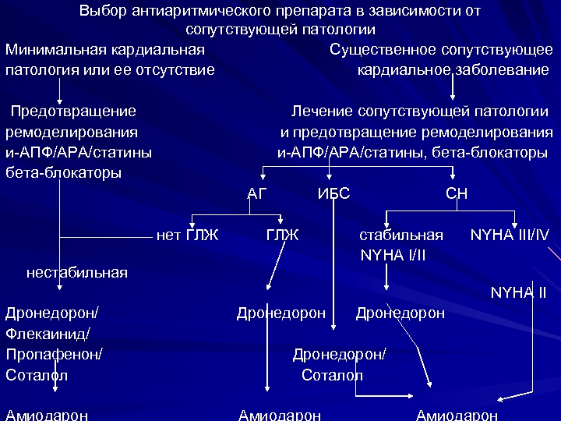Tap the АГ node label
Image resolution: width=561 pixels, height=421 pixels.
pyautogui.click(x=256, y=193)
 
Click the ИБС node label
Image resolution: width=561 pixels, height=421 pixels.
pyautogui.click(x=333, y=193)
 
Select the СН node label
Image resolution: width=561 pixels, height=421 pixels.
pyautogui.click(x=456, y=193)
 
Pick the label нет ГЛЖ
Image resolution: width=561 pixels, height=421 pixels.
pyautogui.click(x=188, y=235)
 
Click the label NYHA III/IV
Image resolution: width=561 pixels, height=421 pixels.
pyautogui.click(x=510, y=235)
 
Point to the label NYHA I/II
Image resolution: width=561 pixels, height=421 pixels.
pyautogui.click(x=393, y=255)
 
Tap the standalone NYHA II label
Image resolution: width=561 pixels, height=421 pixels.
pyautogui.click(x=518, y=293)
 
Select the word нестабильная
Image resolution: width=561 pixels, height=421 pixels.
pyautogui.click(x=76, y=272)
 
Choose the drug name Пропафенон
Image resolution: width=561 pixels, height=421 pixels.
pyautogui.click(x=54, y=354)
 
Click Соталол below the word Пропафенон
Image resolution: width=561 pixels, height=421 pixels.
pyautogui.click(x=37, y=375)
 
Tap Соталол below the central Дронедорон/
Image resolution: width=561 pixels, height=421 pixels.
pyautogui.click(x=332, y=375)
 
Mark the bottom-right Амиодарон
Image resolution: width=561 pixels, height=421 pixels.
pyautogui.click(x=457, y=415)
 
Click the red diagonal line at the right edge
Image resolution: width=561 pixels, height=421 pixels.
pyautogui.click(x=554, y=254)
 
